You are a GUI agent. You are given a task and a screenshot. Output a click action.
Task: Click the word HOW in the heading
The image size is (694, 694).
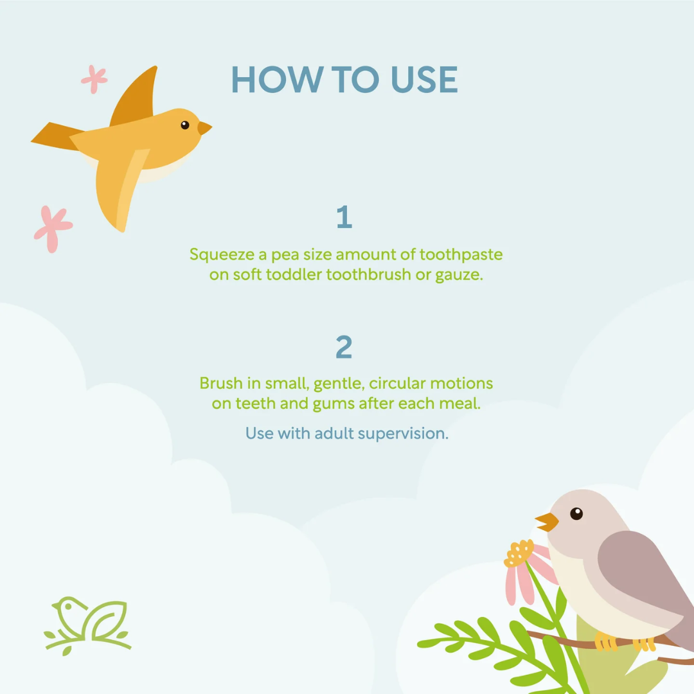278,80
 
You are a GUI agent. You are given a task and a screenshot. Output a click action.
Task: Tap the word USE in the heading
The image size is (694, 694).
425,80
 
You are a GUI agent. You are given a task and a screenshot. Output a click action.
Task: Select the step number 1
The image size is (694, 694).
344,217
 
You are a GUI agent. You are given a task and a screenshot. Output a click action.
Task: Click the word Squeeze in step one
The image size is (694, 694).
222,255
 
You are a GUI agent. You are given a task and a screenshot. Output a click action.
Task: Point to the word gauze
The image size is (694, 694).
459,275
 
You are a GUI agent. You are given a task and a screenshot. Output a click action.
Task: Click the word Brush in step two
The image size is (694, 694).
221,383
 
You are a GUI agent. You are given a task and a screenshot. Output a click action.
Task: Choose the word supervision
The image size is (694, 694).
403,434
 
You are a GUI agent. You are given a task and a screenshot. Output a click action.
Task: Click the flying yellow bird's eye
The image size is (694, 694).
185,125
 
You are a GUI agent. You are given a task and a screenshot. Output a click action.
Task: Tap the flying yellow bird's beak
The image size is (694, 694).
204,128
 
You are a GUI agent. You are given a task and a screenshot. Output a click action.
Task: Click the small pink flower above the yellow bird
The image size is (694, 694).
94,80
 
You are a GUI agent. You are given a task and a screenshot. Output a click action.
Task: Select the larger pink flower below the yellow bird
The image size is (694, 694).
53,229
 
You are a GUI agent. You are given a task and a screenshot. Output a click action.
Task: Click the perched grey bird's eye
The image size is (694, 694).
576,513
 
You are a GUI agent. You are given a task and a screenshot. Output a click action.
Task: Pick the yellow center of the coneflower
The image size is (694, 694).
519,553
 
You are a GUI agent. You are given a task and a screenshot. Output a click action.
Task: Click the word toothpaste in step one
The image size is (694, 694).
461,255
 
